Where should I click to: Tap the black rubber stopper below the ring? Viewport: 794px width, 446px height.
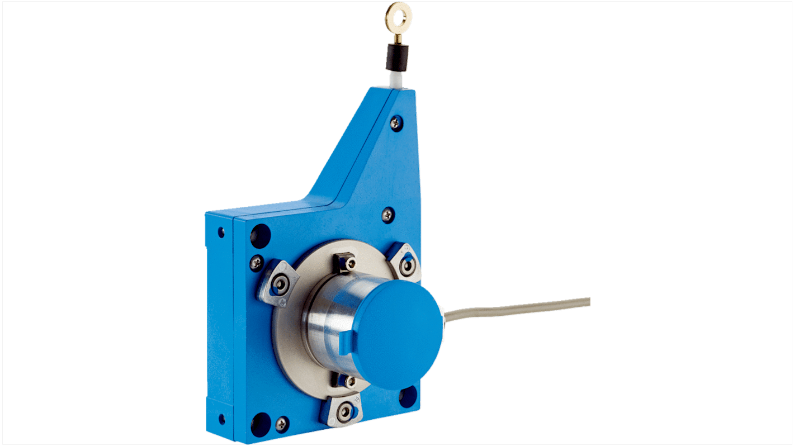tap(398, 58)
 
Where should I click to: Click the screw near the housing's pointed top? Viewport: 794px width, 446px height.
tap(396, 122)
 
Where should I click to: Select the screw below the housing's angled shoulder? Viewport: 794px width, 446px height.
tap(387, 214)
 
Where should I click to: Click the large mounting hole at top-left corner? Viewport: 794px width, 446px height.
tap(260, 235)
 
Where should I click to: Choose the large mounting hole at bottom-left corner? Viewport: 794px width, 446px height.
tap(260, 424)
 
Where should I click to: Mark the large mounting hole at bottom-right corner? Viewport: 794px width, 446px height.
tap(408, 395)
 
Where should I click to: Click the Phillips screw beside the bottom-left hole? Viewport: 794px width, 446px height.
tap(283, 424)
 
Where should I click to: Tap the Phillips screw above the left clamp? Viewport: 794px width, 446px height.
tap(257, 261)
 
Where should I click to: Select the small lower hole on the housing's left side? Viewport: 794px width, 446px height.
tap(222, 418)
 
